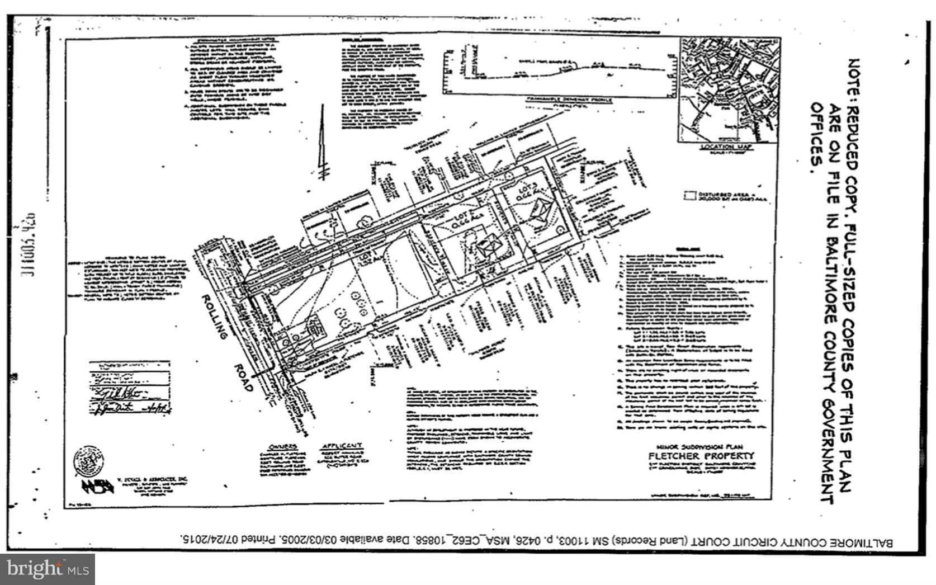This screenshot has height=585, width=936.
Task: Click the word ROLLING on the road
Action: click(215, 317)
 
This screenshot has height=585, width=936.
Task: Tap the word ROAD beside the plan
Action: click(243, 378)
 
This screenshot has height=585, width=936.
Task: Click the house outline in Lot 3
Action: click(540, 213)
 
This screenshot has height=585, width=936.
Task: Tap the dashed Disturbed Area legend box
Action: click(689, 196)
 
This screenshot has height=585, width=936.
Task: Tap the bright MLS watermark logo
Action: click(48, 569)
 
